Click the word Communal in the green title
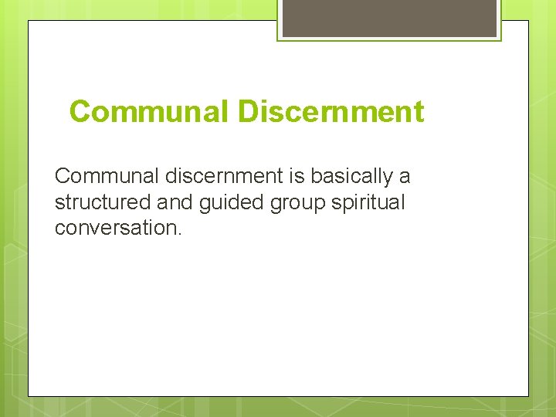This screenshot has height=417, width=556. click(149, 112)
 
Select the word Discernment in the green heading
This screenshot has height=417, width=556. click(331, 112)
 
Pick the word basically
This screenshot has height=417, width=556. click(353, 177)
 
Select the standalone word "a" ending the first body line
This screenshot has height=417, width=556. click(405, 177)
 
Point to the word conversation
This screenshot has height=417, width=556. click(116, 229)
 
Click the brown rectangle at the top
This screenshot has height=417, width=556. click(390, 18)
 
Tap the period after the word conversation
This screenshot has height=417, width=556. click(179, 233)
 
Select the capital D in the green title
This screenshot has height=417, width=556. click(248, 112)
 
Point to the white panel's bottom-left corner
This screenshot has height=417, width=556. click(29, 396)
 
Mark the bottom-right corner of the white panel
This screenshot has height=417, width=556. click(528, 396)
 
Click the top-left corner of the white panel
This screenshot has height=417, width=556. click(29, 21)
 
